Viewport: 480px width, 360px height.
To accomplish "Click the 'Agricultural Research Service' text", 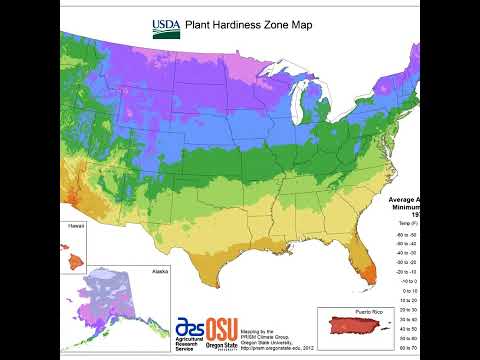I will (x=187, y=347).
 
